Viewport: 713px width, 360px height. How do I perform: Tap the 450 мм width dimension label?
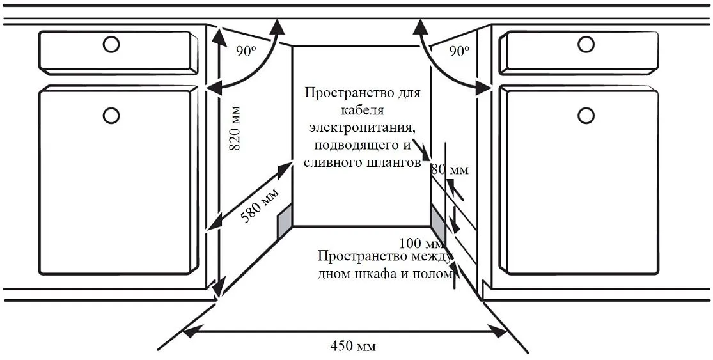[353, 347]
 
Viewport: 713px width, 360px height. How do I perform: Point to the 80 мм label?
[449, 170]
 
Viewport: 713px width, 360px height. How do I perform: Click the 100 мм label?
[421, 243]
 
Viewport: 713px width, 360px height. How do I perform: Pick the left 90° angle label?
[244, 52]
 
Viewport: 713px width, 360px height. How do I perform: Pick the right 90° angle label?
[459, 52]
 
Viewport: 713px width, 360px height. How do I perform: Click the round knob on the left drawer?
[111, 44]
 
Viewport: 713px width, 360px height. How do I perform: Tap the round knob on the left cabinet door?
[111, 115]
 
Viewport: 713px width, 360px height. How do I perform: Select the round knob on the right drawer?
[586, 44]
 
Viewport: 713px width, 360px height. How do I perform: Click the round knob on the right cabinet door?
[586, 115]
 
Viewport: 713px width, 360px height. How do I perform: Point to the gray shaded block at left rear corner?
[284, 221]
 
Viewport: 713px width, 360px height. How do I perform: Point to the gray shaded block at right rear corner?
[437, 220]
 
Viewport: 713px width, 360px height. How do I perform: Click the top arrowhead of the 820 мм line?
[220, 33]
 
